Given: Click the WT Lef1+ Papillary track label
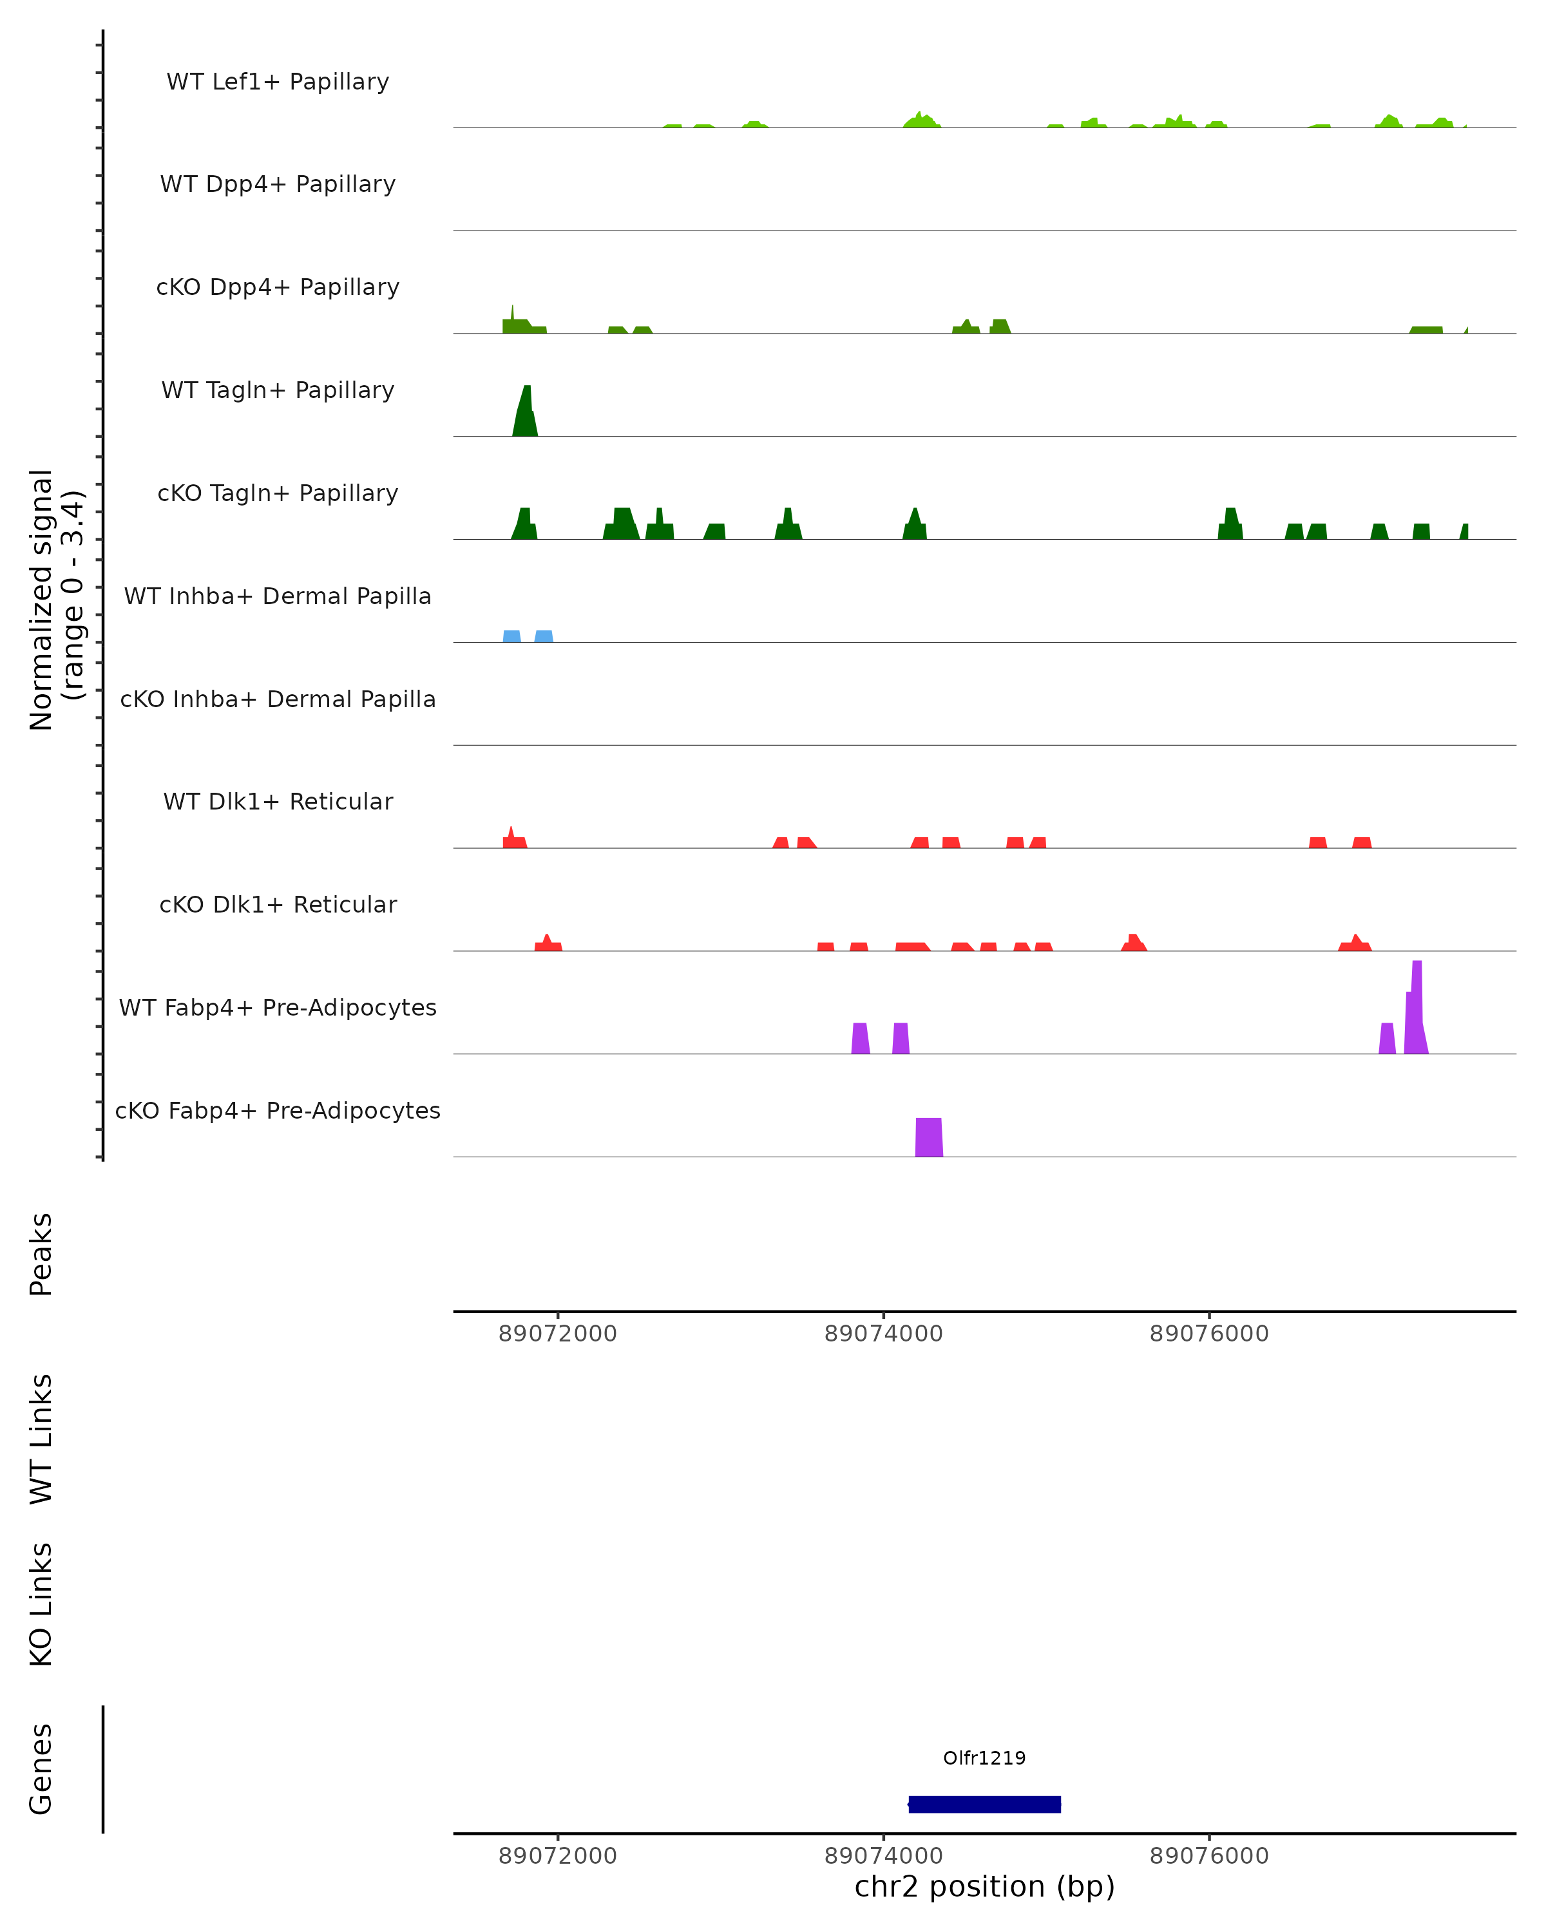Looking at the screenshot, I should tap(278, 82).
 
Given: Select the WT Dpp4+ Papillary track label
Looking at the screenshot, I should tap(278, 185).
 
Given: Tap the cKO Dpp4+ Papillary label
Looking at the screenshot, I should tap(278, 288).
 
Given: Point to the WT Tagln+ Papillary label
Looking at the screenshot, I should tap(278, 391).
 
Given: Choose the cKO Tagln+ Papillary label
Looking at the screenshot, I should tap(278, 494).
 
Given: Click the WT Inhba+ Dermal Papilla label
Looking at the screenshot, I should tap(278, 597).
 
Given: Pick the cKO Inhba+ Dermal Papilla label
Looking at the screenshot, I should tap(278, 700).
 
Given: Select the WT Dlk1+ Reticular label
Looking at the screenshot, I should tap(278, 802).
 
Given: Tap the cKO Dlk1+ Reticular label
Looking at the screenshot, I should tap(278, 905).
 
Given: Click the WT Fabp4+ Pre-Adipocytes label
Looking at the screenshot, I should tap(278, 1008).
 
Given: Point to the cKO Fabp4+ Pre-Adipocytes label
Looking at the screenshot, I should tap(278, 1111).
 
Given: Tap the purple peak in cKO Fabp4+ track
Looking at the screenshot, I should tap(928, 1138).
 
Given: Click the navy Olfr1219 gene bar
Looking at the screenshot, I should tap(984, 1804).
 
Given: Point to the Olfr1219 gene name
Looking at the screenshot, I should tap(984, 1758).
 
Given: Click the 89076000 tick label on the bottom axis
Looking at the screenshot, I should tap(1209, 1856).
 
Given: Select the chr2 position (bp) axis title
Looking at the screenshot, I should tap(984, 1887).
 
